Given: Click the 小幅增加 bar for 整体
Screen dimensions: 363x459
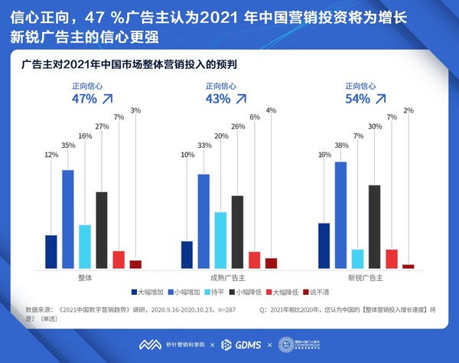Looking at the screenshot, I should pyautogui.click(x=67, y=219).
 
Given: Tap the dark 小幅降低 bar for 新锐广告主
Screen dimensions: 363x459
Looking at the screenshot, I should pyautogui.click(x=375, y=227).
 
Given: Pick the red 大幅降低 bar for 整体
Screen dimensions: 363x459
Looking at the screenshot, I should pyautogui.click(x=119, y=260).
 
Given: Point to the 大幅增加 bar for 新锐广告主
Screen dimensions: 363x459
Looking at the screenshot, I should pyautogui.click(x=324, y=245).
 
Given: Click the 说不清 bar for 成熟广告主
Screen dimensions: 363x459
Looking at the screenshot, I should pyautogui.click(x=272, y=263).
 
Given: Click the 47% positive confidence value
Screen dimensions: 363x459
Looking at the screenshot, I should pyautogui.click(x=84, y=99).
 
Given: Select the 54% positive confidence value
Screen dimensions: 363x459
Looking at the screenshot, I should pyautogui.click(x=357, y=99).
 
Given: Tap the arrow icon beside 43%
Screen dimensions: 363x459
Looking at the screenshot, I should pyautogui.click(x=241, y=99).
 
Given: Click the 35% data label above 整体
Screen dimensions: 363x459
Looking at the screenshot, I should pyautogui.click(x=68, y=144).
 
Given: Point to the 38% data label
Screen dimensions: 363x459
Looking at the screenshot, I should pyautogui.click(x=340, y=144).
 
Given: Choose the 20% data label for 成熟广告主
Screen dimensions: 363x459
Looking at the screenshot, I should pyautogui.click(x=220, y=136).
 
